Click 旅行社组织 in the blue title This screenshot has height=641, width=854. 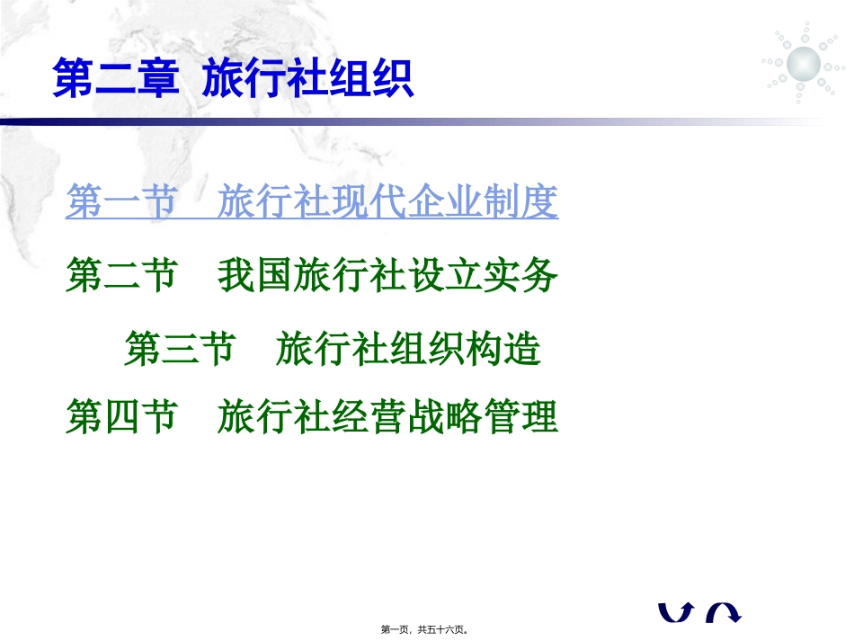pyautogui.click(x=308, y=79)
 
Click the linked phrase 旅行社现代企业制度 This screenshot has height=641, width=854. pyautogui.click(x=387, y=203)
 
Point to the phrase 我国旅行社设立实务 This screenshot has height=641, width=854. pyautogui.click(x=387, y=276)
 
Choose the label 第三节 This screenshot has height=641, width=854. pyautogui.click(x=180, y=349)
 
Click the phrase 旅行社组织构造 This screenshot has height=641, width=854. pyautogui.click(x=409, y=349)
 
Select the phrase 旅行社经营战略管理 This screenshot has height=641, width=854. pyautogui.click(x=387, y=418)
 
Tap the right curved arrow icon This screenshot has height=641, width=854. pyautogui.click(x=723, y=612)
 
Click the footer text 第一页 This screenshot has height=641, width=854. pyautogui.click(x=398, y=630)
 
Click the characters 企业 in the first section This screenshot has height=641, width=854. pyautogui.click(x=444, y=203)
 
